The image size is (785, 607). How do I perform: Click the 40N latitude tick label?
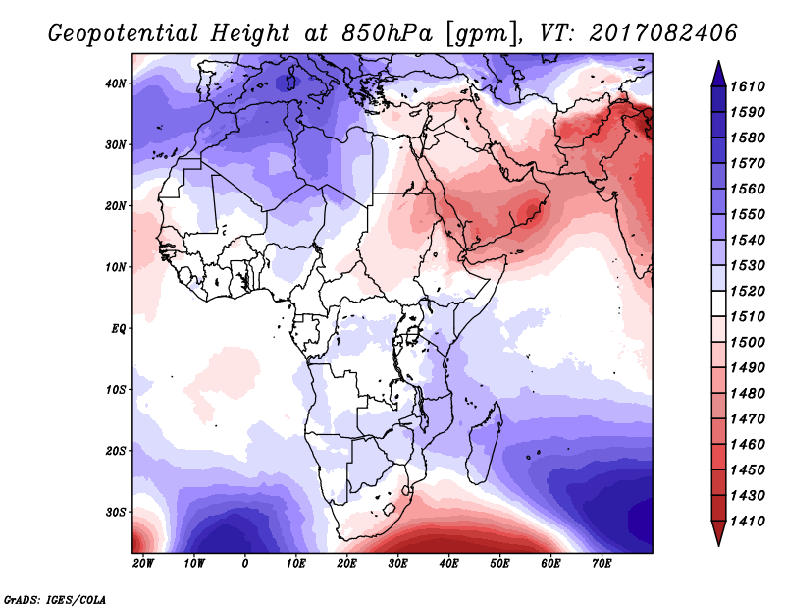pos(115,83)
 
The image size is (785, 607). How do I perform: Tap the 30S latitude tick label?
pos(115,512)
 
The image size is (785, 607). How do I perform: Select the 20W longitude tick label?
pos(142,564)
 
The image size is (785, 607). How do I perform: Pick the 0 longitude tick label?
pos(244,564)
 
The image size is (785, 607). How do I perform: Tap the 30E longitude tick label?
pos(397,564)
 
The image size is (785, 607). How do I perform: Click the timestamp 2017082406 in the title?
pos(664,33)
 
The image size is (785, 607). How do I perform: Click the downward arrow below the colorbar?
pos(717,533)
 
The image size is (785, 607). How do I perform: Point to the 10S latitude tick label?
pos(115,390)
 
